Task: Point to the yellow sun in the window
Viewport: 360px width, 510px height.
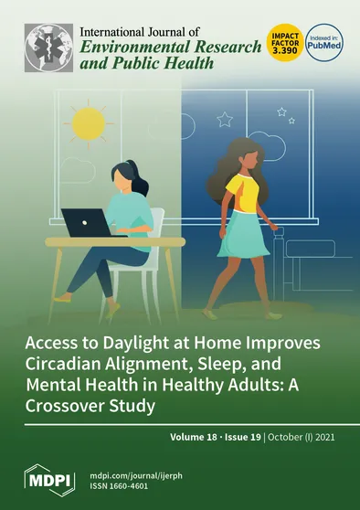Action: click(90, 123)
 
